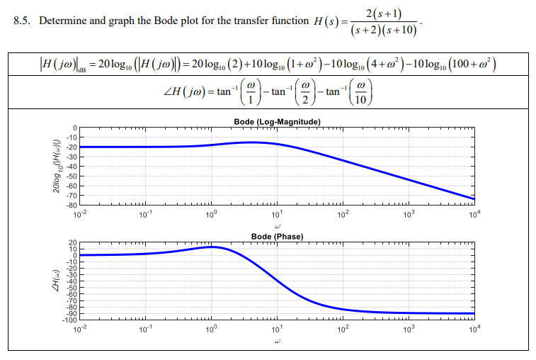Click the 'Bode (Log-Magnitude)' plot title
tap(277, 123)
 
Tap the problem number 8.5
tap(23, 21)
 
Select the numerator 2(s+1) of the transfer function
tap(385, 12)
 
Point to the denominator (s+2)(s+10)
tap(385, 30)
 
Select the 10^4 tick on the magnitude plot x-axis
tap(473, 213)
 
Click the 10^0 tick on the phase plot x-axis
tap(211, 330)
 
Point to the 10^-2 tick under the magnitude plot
tap(79, 213)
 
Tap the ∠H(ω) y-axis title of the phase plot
tap(53, 282)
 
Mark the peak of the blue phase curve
tap(212, 247)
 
